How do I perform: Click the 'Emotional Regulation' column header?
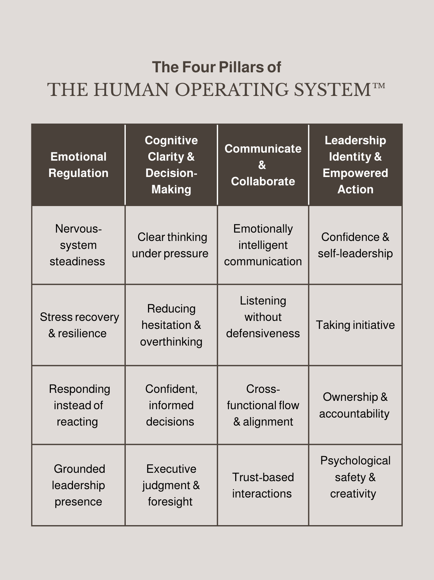tap(79, 165)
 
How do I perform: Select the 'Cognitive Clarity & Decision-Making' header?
tap(171, 165)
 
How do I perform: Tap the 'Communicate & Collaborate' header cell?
tap(263, 165)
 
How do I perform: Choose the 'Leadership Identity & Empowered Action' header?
tap(355, 165)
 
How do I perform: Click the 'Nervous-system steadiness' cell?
tap(78, 245)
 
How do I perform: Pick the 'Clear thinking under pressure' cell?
tap(170, 245)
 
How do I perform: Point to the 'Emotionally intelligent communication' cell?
tap(263, 245)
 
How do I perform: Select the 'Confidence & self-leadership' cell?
tap(355, 245)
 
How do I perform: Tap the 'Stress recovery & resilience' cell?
tap(79, 325)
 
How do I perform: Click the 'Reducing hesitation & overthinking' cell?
tap(171, 325)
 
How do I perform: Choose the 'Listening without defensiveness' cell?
tap(263, 317)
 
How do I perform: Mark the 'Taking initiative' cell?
tap(355, 325)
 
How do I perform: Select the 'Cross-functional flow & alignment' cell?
tap(263, 405)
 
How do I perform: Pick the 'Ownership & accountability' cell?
tap(355, 405)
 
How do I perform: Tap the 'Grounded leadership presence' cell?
tap(79, 485)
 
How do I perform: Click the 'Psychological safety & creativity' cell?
tap(355, 477)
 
